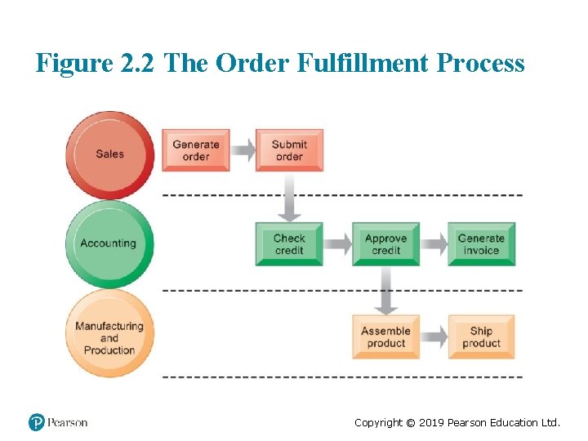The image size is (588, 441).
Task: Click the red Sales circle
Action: [x=110, y=154]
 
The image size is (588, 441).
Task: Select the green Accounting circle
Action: [x=109, y=243]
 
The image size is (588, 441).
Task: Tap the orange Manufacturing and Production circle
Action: [x=109, y=338]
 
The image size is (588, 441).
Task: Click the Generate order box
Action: [x=196, y=150]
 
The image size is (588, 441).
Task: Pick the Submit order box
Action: [x=289, y=150]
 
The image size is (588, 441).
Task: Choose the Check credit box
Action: [x=289, y=244]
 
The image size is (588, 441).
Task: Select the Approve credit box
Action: [x=385, y=244]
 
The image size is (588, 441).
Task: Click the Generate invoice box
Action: [x=481, y=244]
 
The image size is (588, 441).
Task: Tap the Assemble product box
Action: [x=385, y=337]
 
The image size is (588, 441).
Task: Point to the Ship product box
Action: [x=481, y=337]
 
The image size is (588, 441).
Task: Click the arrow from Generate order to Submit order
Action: [x=243, y=150]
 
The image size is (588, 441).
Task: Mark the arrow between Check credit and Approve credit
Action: [x=337, y=244]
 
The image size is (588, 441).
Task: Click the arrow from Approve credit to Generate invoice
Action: [x=434, y=244]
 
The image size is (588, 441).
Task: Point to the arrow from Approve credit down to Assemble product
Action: [x=385, y=292]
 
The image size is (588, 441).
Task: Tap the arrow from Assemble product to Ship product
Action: [x=434, y=337]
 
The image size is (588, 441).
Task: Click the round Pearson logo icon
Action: [x=37, y=422]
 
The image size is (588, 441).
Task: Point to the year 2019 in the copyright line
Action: [x=430, y=422]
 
